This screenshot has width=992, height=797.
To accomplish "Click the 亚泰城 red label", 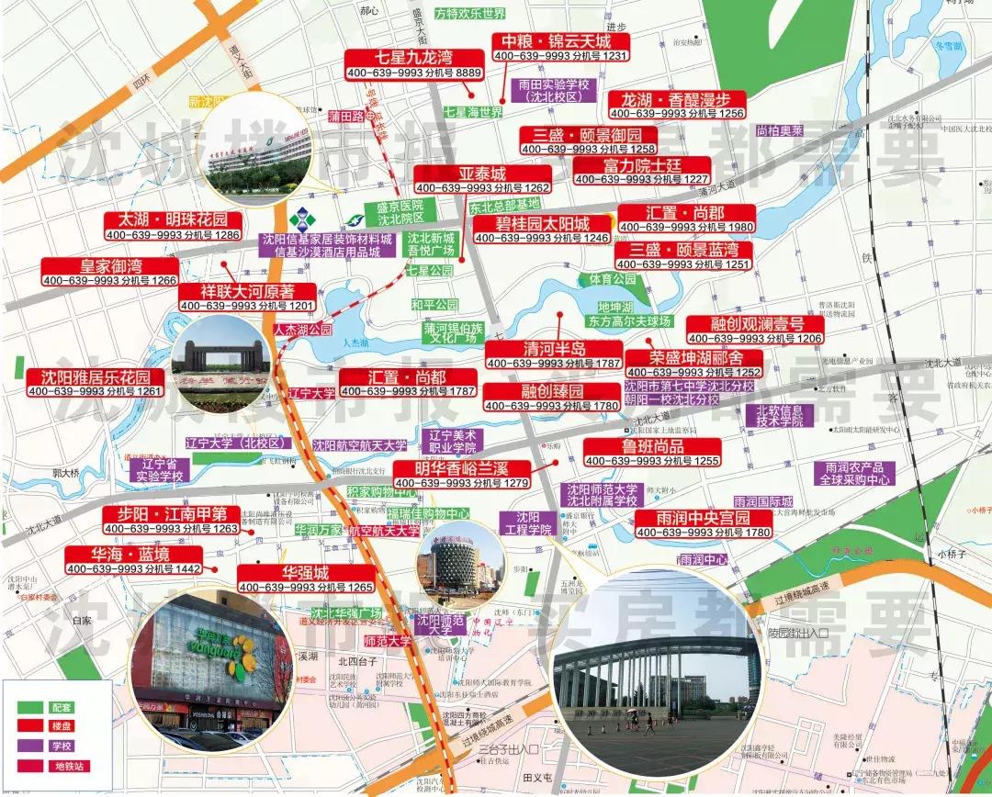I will pos(482,174).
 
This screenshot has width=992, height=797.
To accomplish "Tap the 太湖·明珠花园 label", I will pos(173,221).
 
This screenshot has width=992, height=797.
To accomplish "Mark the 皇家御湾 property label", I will pos(109,266).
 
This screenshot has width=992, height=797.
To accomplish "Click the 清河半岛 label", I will pos(554,350).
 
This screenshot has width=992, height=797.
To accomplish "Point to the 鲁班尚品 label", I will pos(652,446).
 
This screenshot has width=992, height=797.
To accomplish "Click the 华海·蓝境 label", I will pos(132,555).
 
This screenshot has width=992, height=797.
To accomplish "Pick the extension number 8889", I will pos(468,73).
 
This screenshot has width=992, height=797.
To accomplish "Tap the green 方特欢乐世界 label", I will pos(470,14).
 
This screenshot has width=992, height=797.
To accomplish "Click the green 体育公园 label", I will pos(613,278).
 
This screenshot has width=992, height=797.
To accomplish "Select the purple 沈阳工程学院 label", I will pos(526,522).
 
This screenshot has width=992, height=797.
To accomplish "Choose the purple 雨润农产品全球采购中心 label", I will pos(854,473).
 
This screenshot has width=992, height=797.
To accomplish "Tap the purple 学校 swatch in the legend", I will pos(30,746).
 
